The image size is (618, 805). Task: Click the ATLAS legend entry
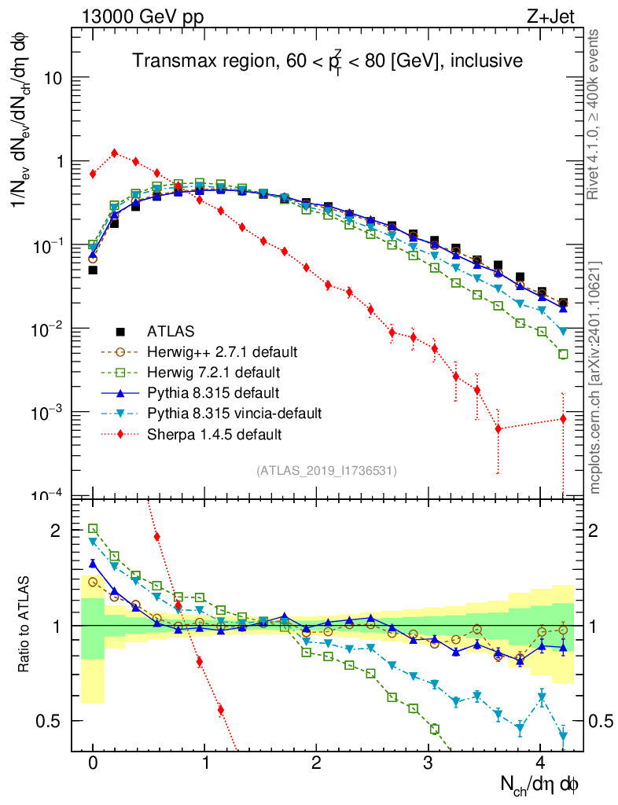tap(171, 331)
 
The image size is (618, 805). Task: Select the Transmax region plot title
tap(327, 61)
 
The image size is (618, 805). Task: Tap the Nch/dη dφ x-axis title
tap(540, 783)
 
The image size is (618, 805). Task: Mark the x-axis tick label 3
tap(429, 763)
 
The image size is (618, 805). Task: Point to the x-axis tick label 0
tap(93, 763)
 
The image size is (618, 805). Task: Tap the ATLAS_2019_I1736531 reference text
tap(326, 471)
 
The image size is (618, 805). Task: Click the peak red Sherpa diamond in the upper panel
tap(115, 153)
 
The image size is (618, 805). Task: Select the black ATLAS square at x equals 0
tap(93, 270)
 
